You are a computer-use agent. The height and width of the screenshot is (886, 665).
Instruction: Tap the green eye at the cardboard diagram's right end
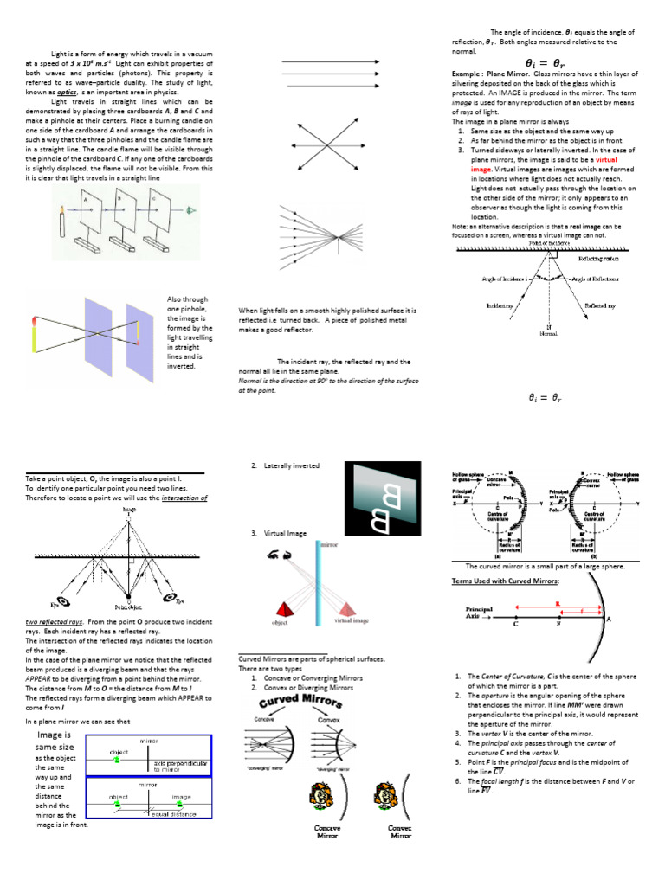click(204, 212)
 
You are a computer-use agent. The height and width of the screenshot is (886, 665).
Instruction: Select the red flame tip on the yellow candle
click(33, 324)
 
